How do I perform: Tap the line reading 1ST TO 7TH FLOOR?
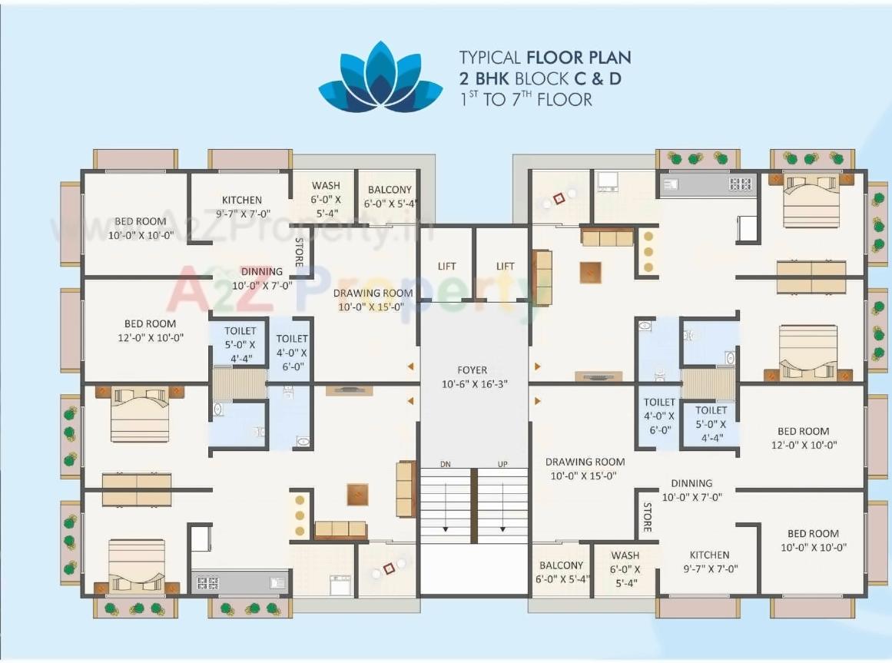pyautogui.click(x=526, y=99)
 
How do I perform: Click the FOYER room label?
pyautogui.click(x=473, y=370)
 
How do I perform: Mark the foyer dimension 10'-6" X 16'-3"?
pyautogui.click(x=473, y=383)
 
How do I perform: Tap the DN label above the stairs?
pyautogui.click(x=446, y=464)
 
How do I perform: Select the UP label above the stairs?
pyautogui.click(x=502, y=464)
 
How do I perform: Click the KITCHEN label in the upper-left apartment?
pyautogui.click(x=241, y=201)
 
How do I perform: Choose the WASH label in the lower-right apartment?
pyautogui.click(x=625, y=555)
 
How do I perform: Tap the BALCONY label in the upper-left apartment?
pyautogui.click(x=390, y=190)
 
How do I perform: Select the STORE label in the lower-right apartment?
pyautogui.click(x=647, y=518)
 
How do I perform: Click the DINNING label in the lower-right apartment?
pyautogui.click(x=691, y=483)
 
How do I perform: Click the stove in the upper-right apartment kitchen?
pyautogui.click(x=741, y=184)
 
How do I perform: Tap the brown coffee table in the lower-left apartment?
pyautogui.click(x=357, y=493)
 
